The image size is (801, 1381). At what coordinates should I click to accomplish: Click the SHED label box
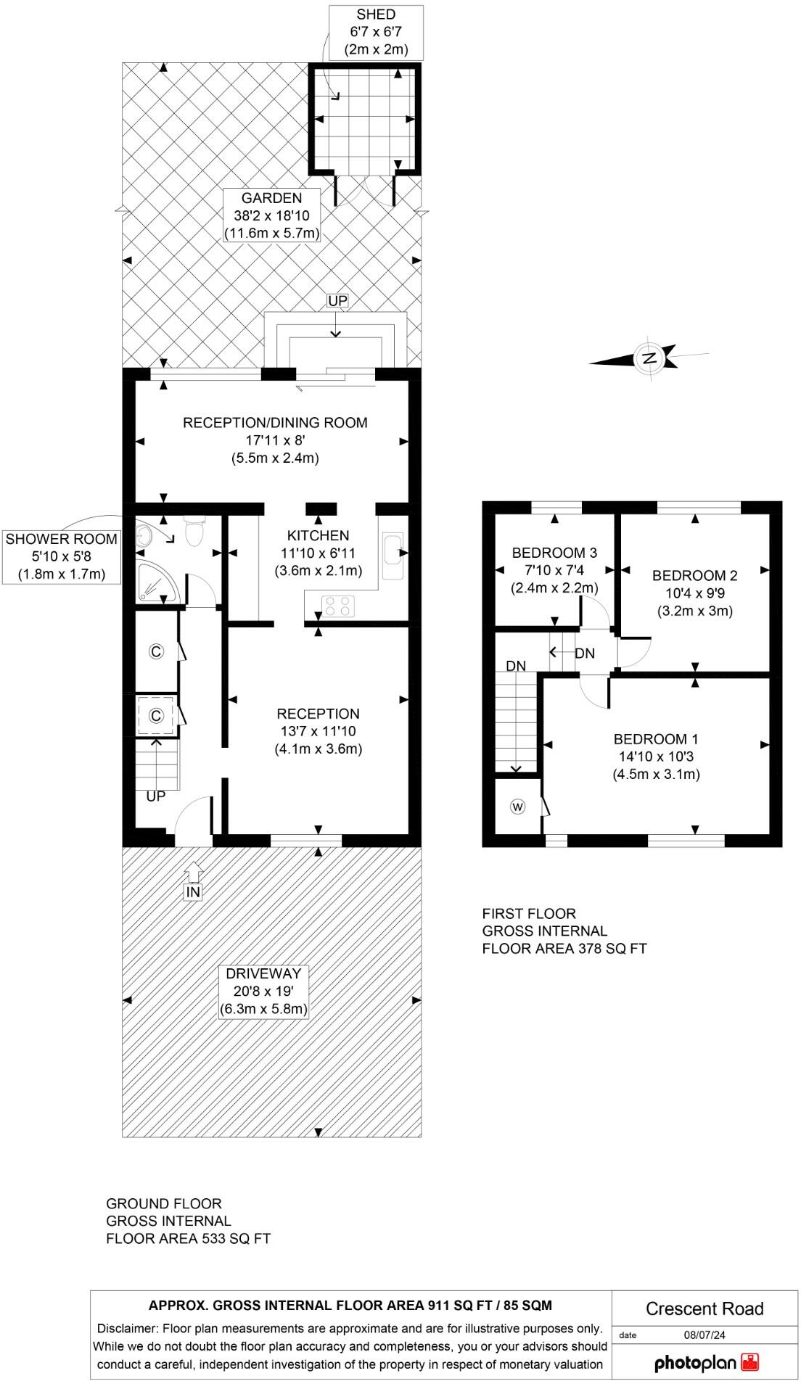376,33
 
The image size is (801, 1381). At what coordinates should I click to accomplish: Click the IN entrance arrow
193,881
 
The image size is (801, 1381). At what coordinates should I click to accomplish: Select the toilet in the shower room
194,532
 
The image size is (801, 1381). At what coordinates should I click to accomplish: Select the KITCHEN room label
318,536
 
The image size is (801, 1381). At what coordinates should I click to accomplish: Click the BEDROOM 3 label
554,553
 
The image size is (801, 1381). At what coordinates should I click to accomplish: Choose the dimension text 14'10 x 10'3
656,757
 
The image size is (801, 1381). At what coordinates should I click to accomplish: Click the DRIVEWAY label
263,973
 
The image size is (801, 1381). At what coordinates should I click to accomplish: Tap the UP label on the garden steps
337,300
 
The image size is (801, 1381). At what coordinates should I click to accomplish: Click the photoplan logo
706,1362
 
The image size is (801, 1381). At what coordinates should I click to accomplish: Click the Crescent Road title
705,1308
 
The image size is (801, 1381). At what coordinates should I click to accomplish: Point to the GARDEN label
271,198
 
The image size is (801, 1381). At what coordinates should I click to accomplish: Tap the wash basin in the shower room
145,536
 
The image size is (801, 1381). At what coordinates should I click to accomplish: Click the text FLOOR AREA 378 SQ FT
564,949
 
